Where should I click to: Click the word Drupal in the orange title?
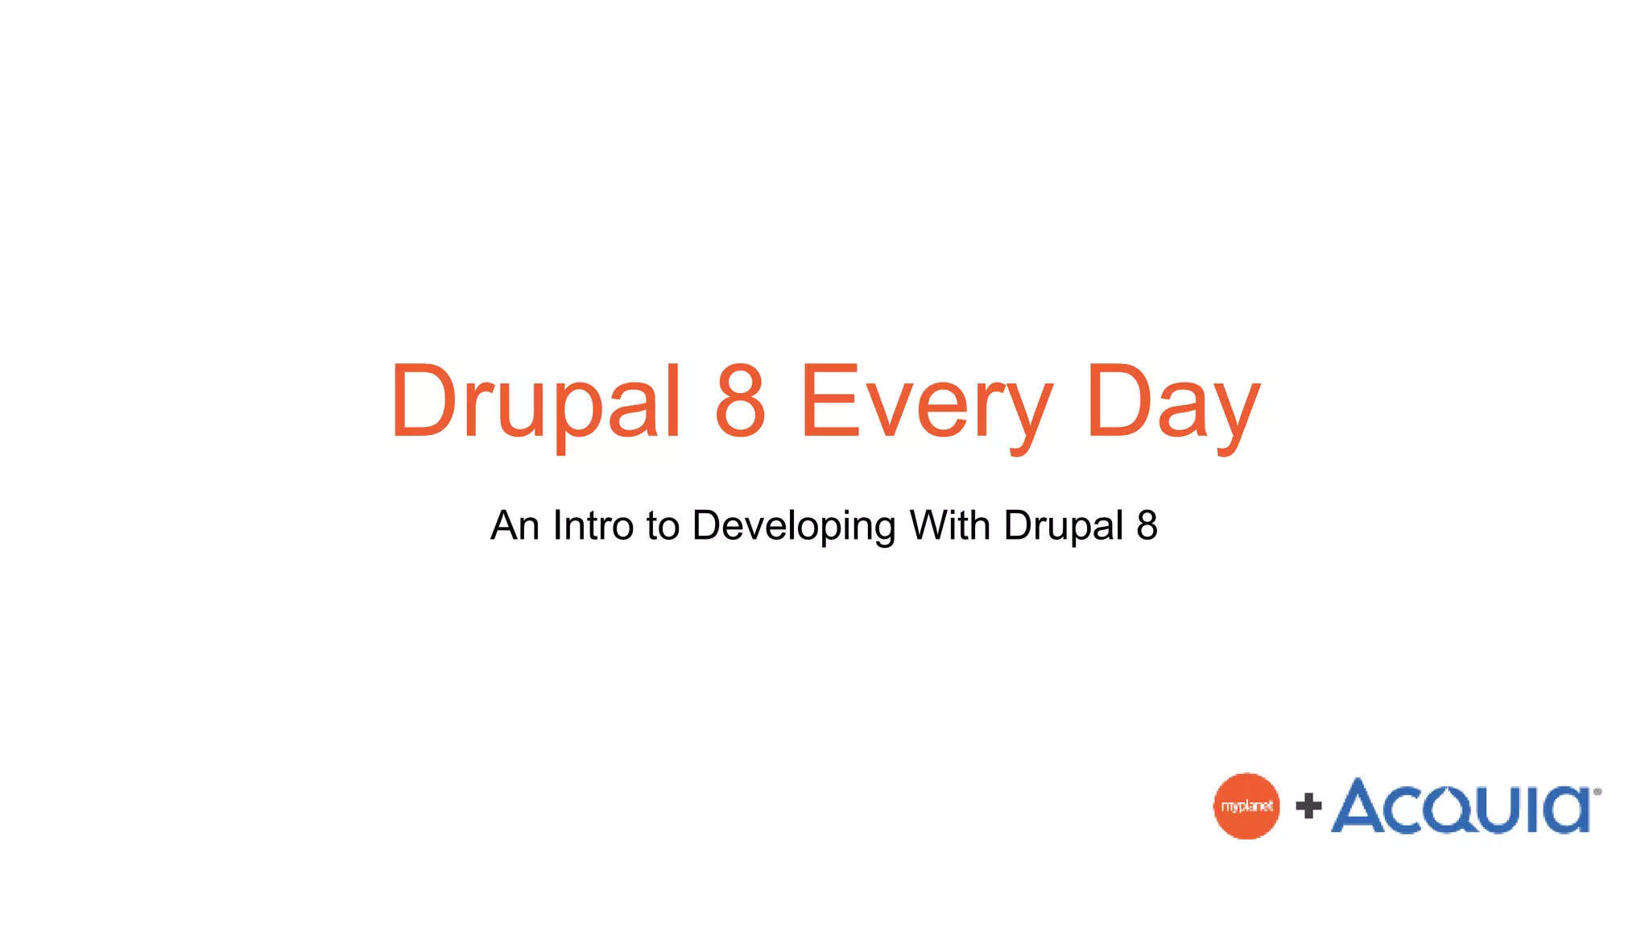pos(536,402)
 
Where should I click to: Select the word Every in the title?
pos(926,402)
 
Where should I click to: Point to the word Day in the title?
pos(1172,402)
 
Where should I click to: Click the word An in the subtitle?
pos(515,525)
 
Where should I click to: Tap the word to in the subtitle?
pos(663,525)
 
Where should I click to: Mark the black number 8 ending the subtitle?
pos(1147,525)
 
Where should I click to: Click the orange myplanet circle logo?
pos(1246,806)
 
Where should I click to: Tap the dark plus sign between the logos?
pos(1308,806)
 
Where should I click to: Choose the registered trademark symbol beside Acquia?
pos(1597,792)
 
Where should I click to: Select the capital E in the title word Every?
pos(829,400)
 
